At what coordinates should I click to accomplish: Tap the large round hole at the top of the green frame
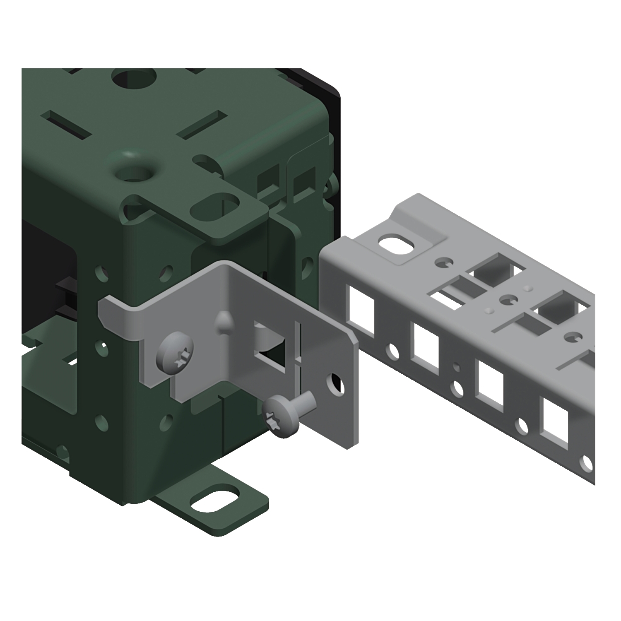[134, 78]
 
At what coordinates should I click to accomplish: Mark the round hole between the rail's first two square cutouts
[392, 351]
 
